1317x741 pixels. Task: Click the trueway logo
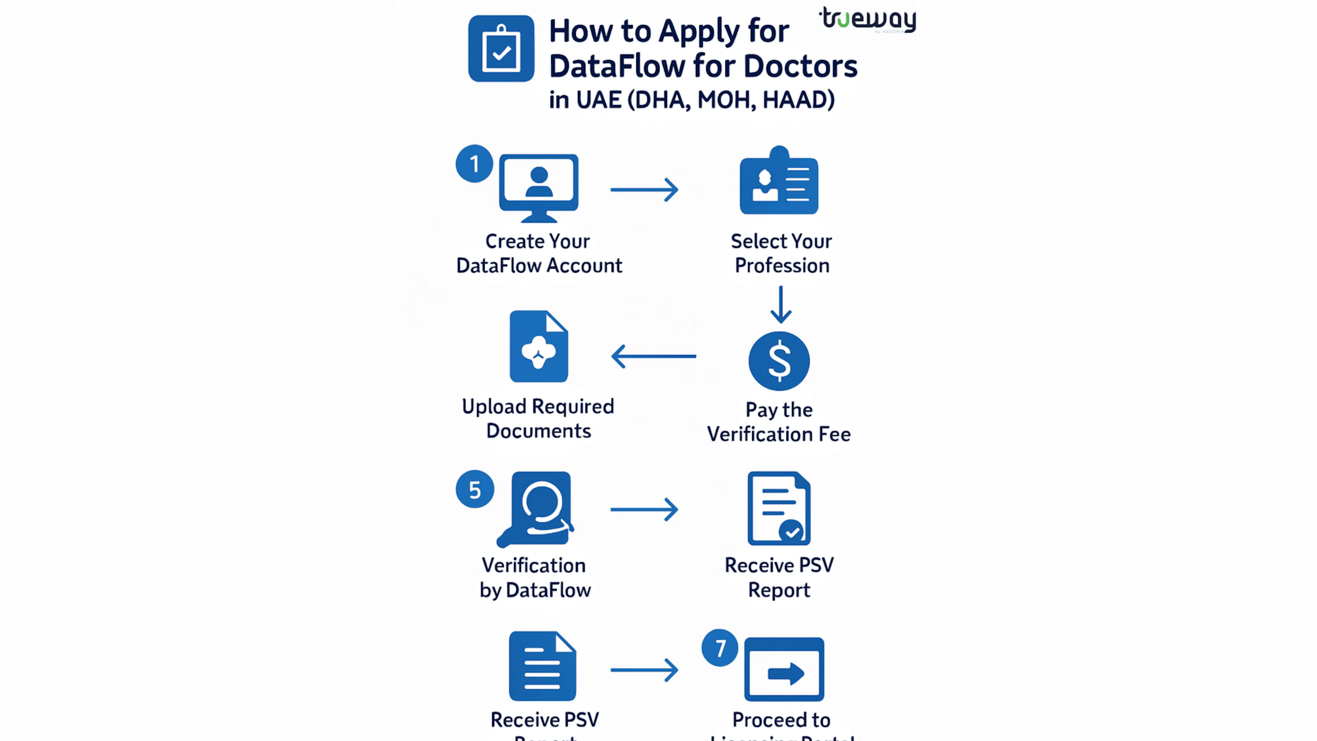(868, 20)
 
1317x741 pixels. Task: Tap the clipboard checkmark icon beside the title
(501, 49)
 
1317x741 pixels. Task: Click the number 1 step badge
(474, 164)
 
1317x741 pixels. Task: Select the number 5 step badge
(474, 490)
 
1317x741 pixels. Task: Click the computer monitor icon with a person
(539, 187)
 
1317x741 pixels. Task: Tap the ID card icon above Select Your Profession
(779, 181)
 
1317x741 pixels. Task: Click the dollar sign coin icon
(779, 361)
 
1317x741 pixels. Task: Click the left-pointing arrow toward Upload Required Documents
(653, 356)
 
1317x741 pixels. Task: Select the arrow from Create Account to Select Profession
(644, 190)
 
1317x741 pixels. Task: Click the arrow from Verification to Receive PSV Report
(644, 509)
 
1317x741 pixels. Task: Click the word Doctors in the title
(800, 67)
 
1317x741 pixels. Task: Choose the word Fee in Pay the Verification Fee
(834, 434)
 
